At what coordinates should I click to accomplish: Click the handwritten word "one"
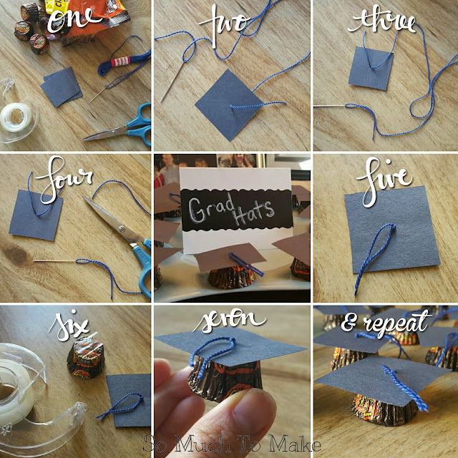(74, 21)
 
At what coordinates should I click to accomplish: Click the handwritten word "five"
(384, 181)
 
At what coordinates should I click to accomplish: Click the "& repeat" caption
(386, 323)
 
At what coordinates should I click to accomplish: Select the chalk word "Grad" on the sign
(211, 208)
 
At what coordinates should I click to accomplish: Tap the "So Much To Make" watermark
(232, 444)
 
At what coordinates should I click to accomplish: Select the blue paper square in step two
(228, 104)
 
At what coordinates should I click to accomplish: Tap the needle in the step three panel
(330, 107)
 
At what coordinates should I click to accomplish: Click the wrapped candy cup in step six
(86, 357)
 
